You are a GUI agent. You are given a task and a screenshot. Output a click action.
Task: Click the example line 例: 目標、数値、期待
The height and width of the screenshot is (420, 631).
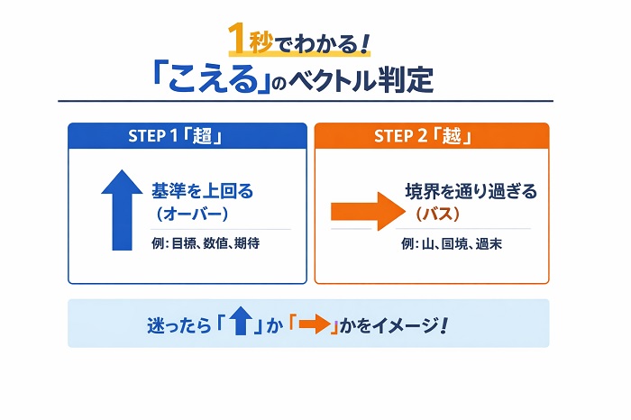[x=206, y=242]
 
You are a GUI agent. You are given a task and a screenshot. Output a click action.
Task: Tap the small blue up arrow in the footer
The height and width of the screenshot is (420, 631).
[x=240, y=323]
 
